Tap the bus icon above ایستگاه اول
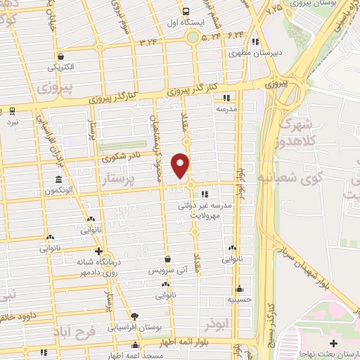pos(186,11)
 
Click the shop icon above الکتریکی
pos(61,57)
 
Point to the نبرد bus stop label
pos(13,122)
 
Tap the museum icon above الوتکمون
pos(58,179)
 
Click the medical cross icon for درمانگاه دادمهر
pos(98,251)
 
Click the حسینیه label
pos(240,299)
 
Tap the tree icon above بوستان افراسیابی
pos(135,316)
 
